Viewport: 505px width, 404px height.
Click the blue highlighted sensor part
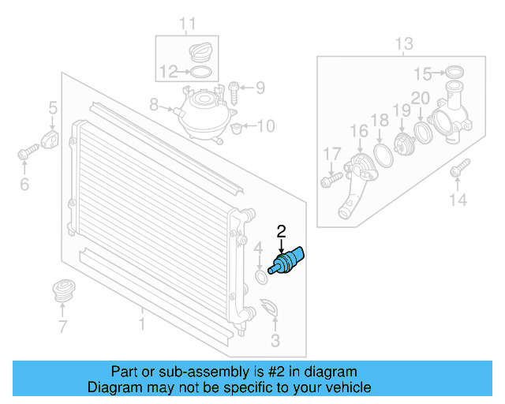[287, 261]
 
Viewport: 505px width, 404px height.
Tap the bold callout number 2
[281, 231]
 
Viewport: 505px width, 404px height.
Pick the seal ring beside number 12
[200, 73]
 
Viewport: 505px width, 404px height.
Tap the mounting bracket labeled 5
[51, 141]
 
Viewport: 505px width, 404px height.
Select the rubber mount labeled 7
[62, 290]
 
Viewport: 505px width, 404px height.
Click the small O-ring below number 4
[260, 278]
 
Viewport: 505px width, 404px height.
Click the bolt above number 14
[458, 168]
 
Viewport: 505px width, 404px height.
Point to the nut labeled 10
[241, 126]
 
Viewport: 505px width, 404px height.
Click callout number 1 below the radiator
[143, 324]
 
